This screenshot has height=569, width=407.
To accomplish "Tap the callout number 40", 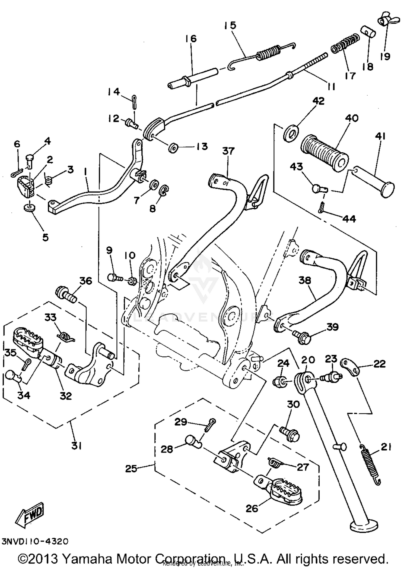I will tap(352, 118).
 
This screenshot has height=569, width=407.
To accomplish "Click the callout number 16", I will tap(191, 39).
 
